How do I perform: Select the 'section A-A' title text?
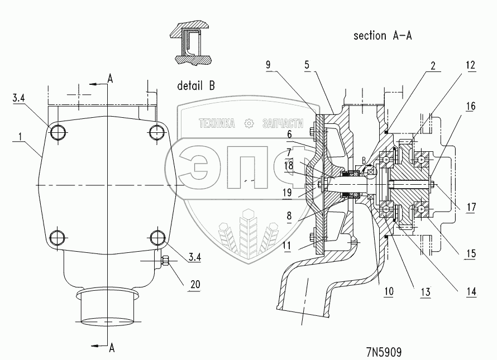[383, 36]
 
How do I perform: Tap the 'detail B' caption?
[196, 86]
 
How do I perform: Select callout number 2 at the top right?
[433, 64]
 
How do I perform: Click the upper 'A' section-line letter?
[111, 78]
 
